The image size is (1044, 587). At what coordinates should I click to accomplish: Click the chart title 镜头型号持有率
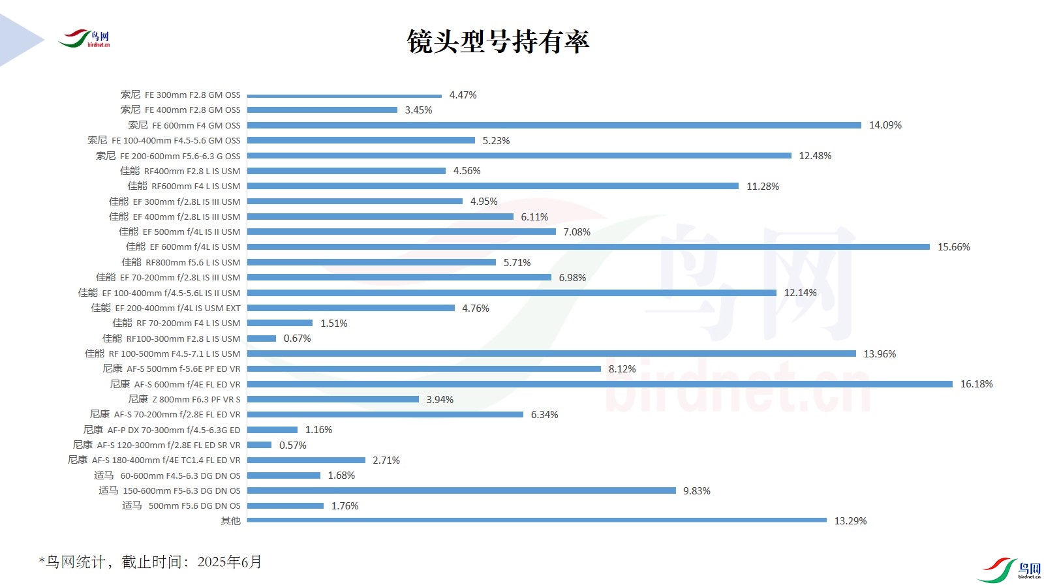[498, 42]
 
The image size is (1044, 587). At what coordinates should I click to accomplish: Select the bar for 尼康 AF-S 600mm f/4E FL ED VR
[600, 384]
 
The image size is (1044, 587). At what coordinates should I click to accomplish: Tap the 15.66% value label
[953, 247]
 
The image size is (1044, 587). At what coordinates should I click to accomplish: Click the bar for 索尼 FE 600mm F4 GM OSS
[554, 125]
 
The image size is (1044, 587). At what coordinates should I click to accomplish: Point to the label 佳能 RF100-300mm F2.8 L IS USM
[172, 339]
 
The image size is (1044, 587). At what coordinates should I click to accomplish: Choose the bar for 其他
[536, 520]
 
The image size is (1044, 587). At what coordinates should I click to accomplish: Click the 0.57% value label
[292, 445]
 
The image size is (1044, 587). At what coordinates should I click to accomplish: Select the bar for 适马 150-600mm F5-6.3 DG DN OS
[461, 490]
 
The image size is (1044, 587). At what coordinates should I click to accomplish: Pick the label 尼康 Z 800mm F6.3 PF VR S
[184, 399]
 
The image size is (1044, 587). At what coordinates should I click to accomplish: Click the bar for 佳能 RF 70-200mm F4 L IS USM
[280, 323]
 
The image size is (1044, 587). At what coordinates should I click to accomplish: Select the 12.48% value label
[815, 156]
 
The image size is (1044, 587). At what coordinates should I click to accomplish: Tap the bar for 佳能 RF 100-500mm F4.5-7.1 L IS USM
[551, 354]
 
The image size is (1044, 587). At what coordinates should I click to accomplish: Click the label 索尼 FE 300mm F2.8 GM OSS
[180, 95]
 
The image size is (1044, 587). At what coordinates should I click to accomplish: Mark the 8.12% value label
[622, 369]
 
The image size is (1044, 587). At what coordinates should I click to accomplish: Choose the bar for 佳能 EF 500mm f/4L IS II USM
[401, 232]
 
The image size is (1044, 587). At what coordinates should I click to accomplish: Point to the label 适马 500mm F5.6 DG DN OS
[181, 505]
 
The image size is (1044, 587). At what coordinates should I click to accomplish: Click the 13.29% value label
[850, 521]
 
